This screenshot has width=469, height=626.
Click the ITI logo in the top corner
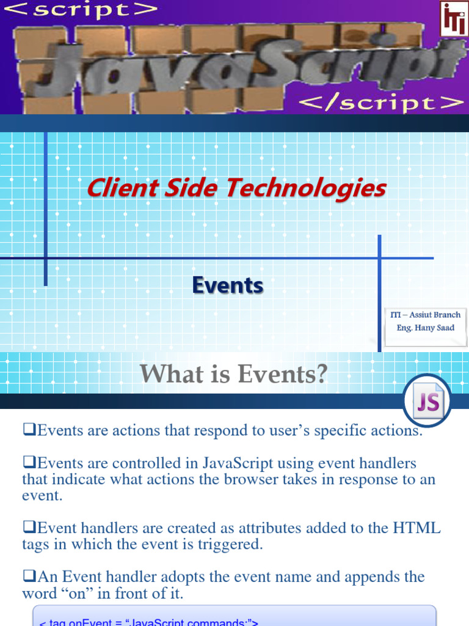tap(453, 18)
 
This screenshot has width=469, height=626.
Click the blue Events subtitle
tap(228, 285)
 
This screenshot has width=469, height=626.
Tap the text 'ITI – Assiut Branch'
tap(425, 315)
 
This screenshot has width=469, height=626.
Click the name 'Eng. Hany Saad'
tap(425, 328)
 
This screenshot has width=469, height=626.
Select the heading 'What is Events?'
tap(234, 374)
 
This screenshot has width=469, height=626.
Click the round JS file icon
tap(427, 401)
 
